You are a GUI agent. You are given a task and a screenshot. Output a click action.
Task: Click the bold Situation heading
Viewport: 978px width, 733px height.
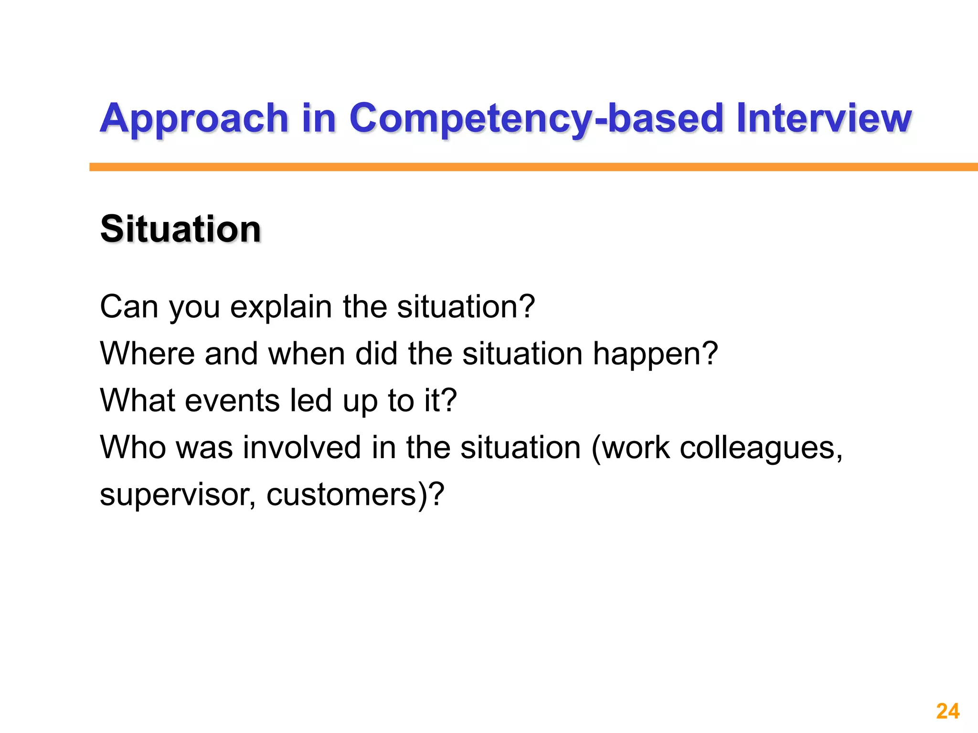click(181, 230)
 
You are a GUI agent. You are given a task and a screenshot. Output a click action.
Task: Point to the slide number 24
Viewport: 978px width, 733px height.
click(947, 711)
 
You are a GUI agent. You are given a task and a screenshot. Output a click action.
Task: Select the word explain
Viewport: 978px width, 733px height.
click(281, 307)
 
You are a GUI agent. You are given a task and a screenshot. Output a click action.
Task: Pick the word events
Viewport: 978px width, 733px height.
click(232, 400)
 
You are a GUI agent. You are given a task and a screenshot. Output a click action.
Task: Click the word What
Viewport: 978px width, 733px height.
click(138, 400)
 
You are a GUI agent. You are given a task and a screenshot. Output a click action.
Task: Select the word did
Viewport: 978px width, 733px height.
click(376, 354)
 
